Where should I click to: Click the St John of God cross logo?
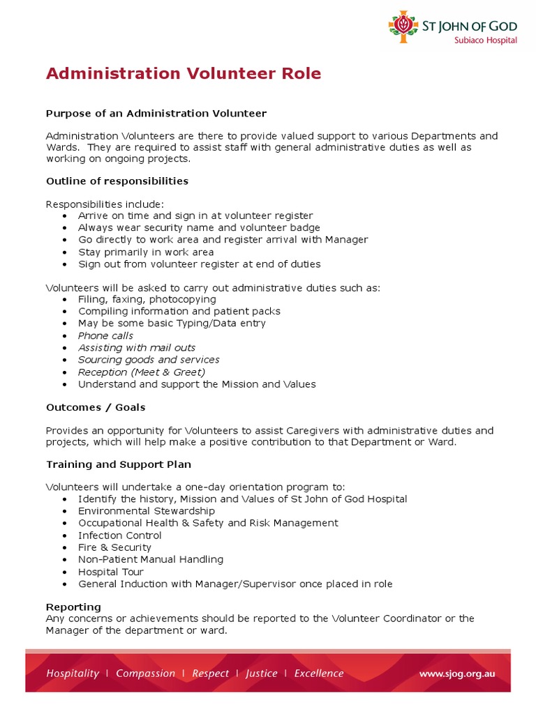[x=403, y=26]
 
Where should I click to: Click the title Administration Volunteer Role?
[x=184, y=74]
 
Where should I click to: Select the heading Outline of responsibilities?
[x=117, y=181]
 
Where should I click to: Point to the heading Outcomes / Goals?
[x=96, y=407]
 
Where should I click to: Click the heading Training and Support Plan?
[x=119, y=464]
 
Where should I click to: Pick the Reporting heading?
[x=73, y=607]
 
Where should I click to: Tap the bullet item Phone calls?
[x=105, y=336]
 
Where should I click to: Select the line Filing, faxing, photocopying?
[x=147, y=299]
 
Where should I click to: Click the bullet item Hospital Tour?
[x=111, y=572]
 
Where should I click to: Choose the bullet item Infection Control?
[x=120, y=535]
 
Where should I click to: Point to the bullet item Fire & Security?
[x=114, y=547]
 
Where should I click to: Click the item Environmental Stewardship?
[x=147, y=511]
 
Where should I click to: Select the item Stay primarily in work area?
[x=146, y=252]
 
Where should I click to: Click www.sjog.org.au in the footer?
[x=456, y=674]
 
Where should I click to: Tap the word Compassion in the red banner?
[x=145, y=674]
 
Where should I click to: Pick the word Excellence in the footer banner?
[x=319, y=674]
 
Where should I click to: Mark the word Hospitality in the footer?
[x=73, y=674]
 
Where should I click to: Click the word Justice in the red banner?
[x=261, y=674]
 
